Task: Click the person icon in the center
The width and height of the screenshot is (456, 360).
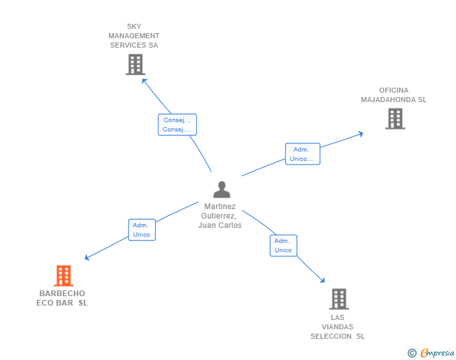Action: tap(222, 189)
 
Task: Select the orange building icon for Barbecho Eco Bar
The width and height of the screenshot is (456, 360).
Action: tap(63, 275)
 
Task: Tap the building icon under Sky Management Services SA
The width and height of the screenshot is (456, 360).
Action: tap(135, 64)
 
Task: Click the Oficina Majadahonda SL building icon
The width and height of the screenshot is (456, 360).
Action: tap(395, 118)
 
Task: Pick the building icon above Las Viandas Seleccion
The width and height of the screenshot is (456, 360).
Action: tap(338, 299)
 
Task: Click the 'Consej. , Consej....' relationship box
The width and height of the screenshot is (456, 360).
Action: tap(177, 125)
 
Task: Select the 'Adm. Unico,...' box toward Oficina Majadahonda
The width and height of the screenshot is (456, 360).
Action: tap(303, 154)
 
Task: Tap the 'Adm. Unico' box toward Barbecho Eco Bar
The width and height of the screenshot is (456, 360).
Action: tap(142, 230)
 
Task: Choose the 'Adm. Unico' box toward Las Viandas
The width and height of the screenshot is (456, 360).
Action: tap(283, 245)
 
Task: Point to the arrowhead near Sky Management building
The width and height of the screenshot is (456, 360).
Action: tap(143, 80)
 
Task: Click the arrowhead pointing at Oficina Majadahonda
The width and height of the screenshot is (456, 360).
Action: tap(361, 133)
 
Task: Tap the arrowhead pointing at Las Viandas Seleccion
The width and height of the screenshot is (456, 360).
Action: tap(323, 280)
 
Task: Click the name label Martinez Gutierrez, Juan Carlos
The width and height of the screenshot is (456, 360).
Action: tap(220, 216)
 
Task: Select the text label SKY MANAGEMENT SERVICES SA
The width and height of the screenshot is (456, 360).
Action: tap(134, 36)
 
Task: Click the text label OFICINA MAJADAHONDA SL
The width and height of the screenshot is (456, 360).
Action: tap(393, 95)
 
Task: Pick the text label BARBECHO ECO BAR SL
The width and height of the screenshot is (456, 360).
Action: tap(62, 298)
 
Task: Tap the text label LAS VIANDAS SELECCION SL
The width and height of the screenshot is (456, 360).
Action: tap(338, 327)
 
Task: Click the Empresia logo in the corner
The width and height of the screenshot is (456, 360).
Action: tap(437, 353)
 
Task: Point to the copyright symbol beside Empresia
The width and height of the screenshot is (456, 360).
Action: tap(412, 354)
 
